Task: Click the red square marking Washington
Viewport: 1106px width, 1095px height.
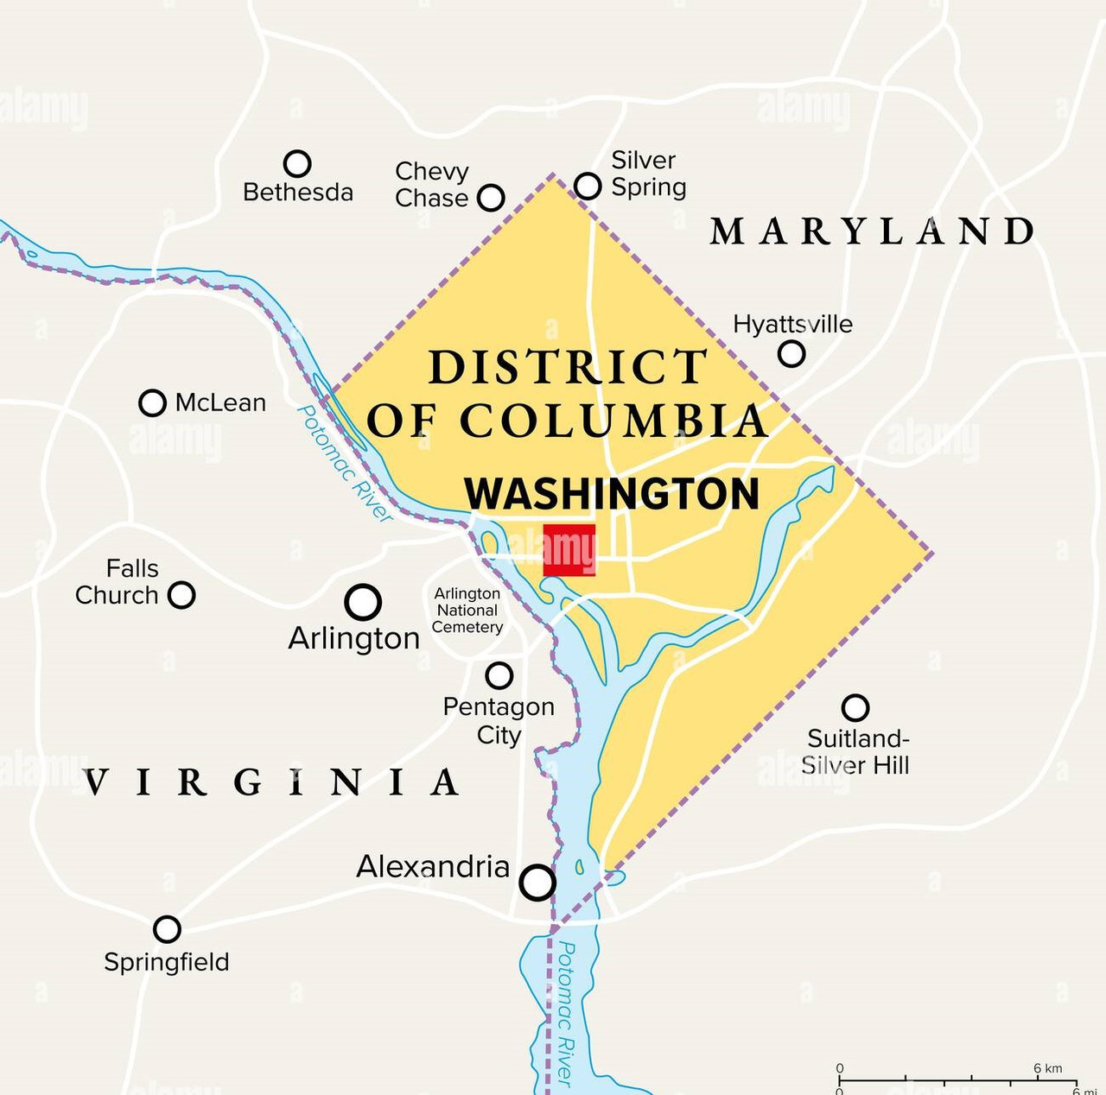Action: (569, 550)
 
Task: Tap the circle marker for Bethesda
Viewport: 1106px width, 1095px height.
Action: (297, 163)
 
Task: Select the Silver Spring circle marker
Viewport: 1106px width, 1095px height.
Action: (588, 185)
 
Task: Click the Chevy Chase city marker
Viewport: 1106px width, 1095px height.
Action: (491, 197)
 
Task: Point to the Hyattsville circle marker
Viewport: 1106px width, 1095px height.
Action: (791, 353)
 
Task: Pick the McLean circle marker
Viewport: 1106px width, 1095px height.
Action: (152, 402)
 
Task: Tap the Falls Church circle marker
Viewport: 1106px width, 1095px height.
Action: (181, 595)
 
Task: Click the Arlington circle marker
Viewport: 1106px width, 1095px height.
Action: (363, 602)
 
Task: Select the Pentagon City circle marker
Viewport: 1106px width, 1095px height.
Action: (499, 675)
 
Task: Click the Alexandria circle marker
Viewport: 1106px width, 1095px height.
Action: (537, 883)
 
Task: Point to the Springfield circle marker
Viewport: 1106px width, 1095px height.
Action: (167, 929)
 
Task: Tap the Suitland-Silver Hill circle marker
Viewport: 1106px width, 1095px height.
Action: (855, 708)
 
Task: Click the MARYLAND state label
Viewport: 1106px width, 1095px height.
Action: (873, 231)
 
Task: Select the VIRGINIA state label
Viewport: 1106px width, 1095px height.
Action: (272, 782)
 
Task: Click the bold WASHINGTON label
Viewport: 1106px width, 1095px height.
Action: (612, 494)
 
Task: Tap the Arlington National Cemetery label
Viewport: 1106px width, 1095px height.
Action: (467, 611)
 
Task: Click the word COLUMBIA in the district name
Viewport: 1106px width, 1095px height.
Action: (613, 421)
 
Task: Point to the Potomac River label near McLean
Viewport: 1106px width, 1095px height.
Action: (344, 463)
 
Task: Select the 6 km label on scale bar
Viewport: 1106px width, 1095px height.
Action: (1047, 1068)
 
